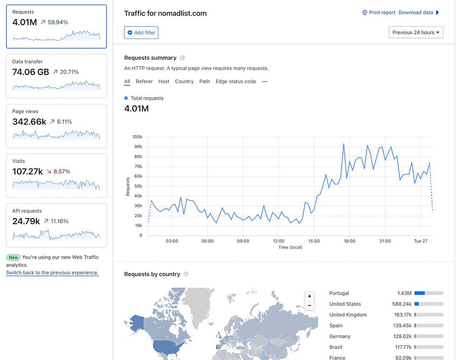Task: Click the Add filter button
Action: [141, 33]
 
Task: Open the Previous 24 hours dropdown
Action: [416, 32]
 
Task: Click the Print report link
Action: [379, 12]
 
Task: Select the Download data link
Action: [416, 12]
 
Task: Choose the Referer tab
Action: [144, 81]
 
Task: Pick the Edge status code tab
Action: [235, 81]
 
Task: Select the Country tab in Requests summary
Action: [184, 81]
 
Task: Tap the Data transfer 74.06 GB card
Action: [56, 76]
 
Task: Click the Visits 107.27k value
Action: [28, 171]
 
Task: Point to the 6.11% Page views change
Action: [64, 122]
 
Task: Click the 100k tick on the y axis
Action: [137, 137]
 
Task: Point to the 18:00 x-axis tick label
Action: [349, 241]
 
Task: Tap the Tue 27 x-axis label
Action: [421, 241]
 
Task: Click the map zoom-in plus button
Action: [309, 296]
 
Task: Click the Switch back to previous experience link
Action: [52, 273]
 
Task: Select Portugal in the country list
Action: [339, 293]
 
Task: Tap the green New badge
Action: [13, 258]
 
